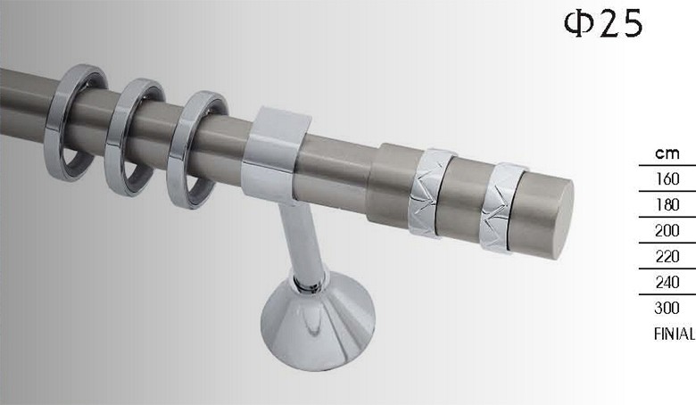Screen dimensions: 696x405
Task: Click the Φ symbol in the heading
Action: (x=579, y=23)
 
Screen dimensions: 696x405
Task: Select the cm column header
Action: (x=667, y=153)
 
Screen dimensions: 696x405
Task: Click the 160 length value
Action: (x=667, y=178)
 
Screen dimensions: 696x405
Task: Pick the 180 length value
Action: (x=667, y=204)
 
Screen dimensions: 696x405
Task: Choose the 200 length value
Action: (x=667, y=230)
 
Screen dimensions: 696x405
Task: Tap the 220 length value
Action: (x=667, y=256)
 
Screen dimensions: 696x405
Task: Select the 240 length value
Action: (x=667, y=282)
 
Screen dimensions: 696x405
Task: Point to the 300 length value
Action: (x=667, y=308)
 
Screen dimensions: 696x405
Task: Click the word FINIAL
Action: (x=675, y=334)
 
